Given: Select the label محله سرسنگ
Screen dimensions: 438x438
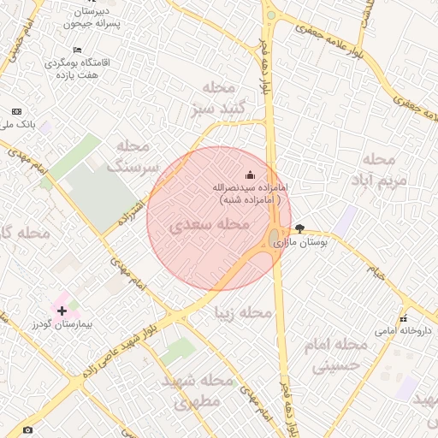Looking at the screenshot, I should tap(133, 157).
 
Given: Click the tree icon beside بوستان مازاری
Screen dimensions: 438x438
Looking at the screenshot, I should tap(299, 228).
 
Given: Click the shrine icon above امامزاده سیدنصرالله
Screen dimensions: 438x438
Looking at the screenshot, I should tap(249, 175).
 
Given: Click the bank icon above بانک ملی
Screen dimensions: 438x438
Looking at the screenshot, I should tap(16, 112).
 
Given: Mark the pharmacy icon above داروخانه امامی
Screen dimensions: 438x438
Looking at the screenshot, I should tap(403, 318).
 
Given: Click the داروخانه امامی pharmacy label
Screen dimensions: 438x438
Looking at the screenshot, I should tap(404, 330).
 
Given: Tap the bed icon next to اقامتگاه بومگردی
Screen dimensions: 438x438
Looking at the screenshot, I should tap(78, 50).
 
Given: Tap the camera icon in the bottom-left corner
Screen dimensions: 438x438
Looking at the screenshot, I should tap(27, 429).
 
